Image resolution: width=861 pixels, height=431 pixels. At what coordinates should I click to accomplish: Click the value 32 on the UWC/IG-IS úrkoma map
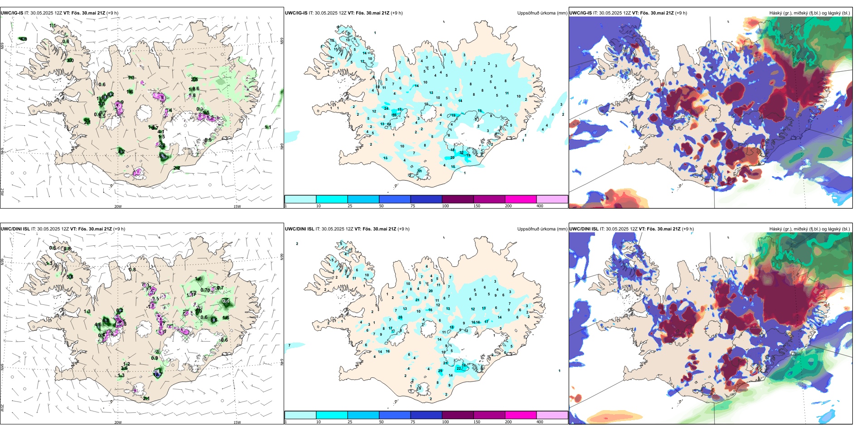coord(462,153)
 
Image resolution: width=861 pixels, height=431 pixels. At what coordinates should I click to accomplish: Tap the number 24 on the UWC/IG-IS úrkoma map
coord(386,108)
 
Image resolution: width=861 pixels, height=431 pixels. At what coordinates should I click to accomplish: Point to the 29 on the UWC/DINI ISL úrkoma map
coord(440,371)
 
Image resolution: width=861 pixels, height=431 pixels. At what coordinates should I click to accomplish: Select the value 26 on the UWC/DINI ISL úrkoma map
coord(400,318)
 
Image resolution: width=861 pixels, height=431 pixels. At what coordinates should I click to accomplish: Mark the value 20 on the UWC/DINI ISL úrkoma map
coord(430,291)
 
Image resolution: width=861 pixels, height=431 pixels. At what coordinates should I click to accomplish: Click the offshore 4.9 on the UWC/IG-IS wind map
coord(24,39)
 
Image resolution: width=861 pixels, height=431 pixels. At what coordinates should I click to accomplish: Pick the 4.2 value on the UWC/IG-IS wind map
coord(121,152)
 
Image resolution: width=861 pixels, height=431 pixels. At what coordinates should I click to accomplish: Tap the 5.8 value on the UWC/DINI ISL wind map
coord(70,277)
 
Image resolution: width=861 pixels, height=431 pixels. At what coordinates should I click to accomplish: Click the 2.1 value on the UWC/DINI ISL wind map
coord(146,399)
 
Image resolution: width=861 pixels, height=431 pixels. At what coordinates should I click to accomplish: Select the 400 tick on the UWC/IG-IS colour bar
coord(540,206)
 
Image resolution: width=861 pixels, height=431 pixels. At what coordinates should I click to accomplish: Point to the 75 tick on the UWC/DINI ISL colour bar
coord(413,422)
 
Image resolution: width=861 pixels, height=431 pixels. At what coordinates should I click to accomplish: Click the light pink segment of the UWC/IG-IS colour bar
coord(552,199)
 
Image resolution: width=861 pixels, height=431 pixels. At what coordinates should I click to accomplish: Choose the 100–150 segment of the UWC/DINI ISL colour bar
coord(458,415)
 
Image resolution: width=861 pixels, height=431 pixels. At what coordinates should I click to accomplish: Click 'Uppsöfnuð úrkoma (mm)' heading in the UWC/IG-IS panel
coord(542,13)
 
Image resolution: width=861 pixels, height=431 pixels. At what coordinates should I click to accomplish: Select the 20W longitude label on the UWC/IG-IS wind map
coord(118,206)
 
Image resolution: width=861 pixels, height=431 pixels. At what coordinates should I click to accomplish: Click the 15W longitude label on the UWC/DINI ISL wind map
coord(237,422)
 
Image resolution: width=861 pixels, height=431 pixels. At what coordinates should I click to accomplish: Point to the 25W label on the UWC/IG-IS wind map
coord(2,192)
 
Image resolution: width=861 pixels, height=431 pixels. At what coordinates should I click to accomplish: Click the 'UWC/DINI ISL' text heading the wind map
coord(15,229)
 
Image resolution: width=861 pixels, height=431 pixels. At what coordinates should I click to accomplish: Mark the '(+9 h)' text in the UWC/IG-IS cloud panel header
coord(681,13)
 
